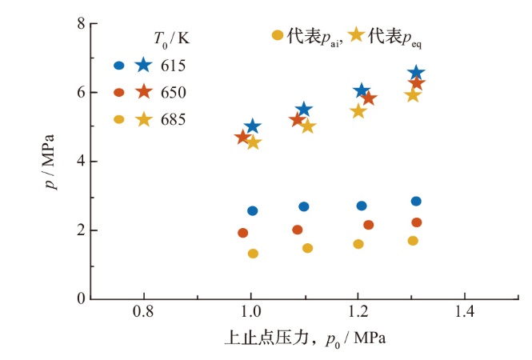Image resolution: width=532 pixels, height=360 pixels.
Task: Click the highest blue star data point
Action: [x=416, y=72]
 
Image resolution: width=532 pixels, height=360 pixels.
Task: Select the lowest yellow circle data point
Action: [x=253, y=254]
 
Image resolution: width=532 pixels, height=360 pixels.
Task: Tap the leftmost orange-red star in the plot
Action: [x=242, y=138]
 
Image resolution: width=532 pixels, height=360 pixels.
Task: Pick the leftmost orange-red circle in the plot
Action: [x=243, y=233]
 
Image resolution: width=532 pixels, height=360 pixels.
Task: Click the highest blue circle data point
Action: [x=416, y=202]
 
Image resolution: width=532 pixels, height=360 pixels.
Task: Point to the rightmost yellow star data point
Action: [x=413, y=95]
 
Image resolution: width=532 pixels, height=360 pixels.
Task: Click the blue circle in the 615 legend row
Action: [x=119, y=66]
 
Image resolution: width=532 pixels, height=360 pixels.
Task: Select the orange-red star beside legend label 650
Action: [x=144, y=92]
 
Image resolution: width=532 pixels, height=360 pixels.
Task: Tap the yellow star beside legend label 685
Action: [x=144, y=119]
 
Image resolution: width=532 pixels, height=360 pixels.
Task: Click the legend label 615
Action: [x=173, y=66]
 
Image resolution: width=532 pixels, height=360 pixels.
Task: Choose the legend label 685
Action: [x=173, y=119]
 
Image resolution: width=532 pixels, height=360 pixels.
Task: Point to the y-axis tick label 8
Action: [x=81, y=24]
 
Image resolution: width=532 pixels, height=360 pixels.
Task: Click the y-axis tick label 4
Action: [x=81, y=161]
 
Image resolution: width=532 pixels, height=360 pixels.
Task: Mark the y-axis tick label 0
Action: [x=81, y=298]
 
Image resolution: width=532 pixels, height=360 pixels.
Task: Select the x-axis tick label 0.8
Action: [x=143, y=311]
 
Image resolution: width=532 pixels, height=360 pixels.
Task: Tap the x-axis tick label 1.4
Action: [x=464, y=311]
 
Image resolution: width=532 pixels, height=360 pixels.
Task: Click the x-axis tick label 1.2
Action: [x=358, y=311]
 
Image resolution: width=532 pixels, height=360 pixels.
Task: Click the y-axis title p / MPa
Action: [x=50, y=162]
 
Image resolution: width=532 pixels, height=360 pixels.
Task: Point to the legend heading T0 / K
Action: [x=172, y=39]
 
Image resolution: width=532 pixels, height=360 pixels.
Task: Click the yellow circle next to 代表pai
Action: [x=278, y=35]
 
